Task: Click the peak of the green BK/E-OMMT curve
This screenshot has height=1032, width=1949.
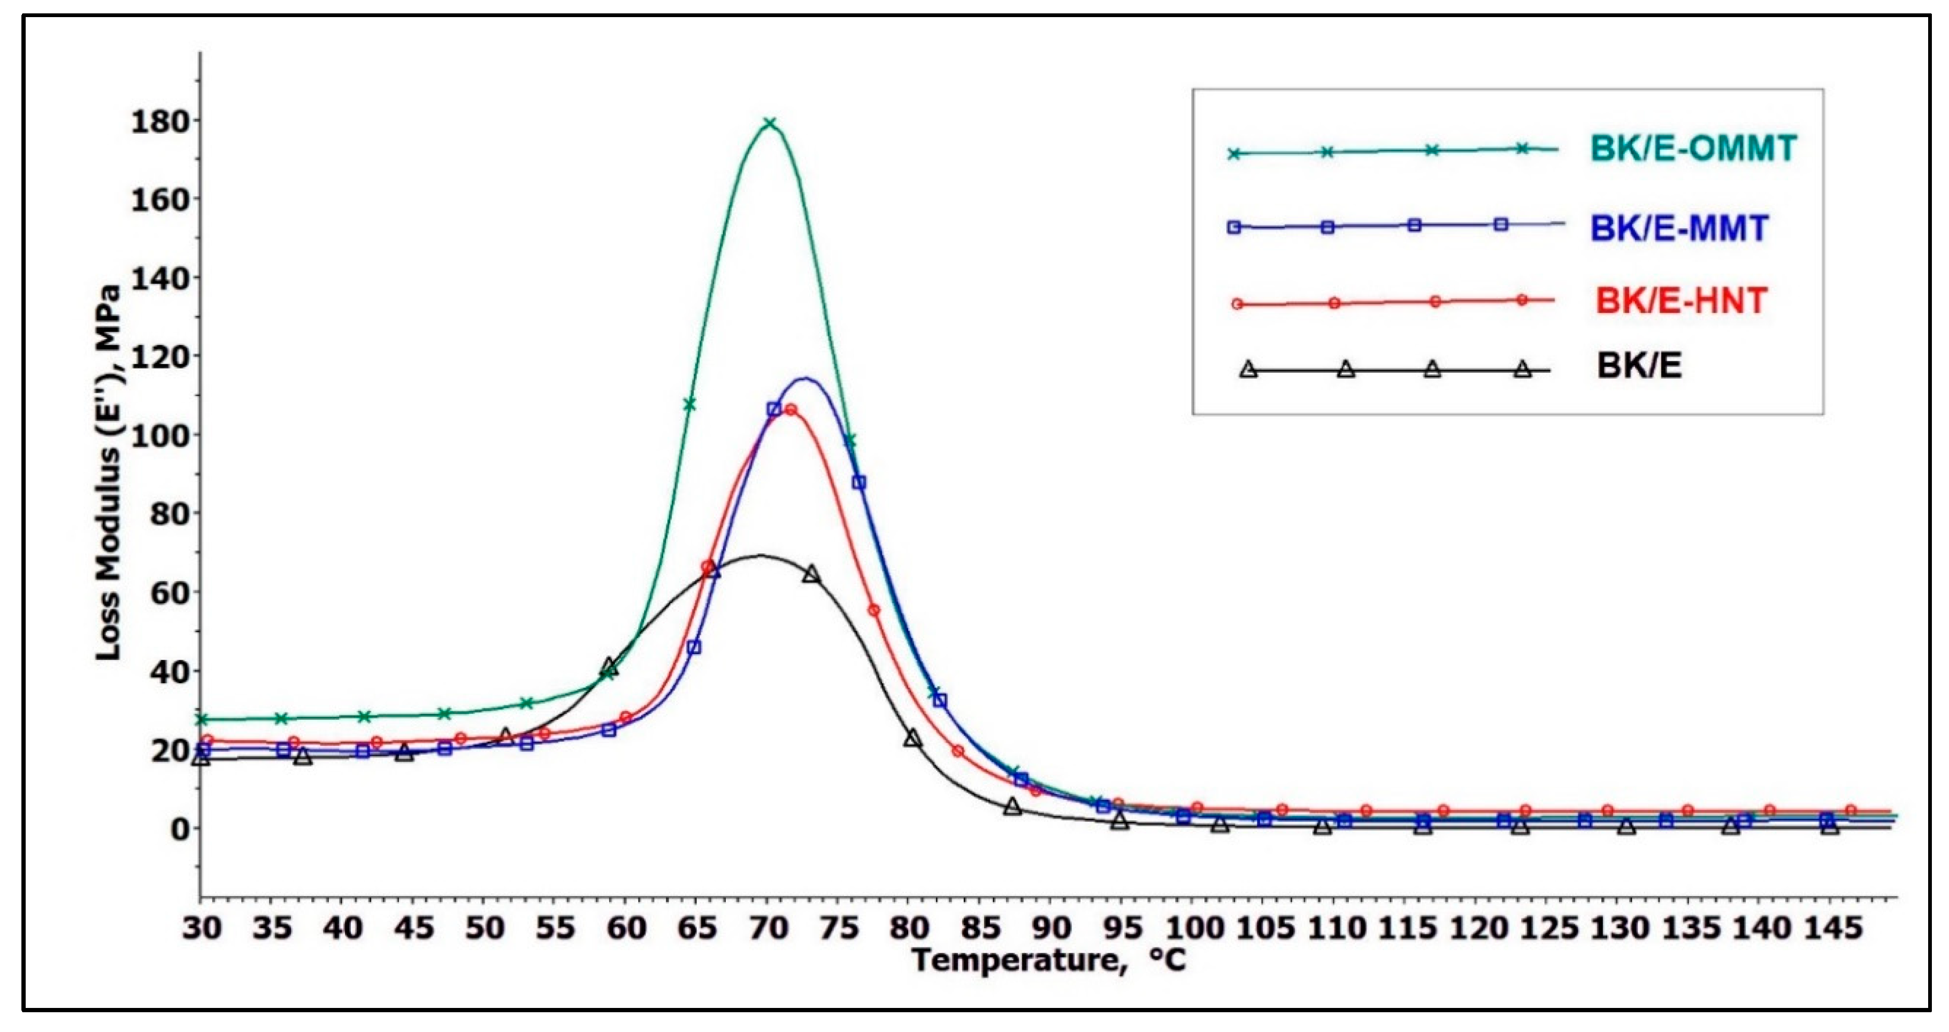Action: pos(770,122)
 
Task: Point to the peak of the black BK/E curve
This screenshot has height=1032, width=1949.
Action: pos(759,556)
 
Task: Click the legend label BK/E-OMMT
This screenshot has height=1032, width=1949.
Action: pos(1692,148)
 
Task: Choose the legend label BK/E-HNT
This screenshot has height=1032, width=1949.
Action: pos(1681,301)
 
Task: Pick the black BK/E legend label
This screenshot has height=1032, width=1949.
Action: pos(1639,366)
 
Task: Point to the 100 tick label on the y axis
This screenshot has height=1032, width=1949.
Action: pos(160,436)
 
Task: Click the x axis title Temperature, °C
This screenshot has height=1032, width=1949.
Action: pos(1049,961)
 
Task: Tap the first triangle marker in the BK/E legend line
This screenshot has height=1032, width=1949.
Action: pos(1248,369)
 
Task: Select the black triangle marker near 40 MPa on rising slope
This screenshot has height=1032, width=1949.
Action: pos(609,667)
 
